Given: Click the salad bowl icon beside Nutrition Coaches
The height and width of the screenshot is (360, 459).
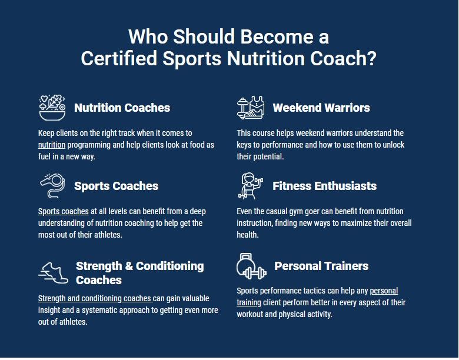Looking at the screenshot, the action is coord(52,108).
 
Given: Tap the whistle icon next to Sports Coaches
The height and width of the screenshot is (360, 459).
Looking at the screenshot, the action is coord(53,186).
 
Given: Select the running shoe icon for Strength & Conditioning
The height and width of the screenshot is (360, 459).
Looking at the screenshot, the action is coord(54,273).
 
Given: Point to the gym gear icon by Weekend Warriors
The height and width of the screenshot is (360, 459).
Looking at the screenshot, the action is coord(251,108).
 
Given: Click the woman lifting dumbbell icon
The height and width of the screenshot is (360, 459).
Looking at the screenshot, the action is coord(250,186).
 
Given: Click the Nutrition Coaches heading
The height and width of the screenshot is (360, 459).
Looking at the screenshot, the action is coord(122,108).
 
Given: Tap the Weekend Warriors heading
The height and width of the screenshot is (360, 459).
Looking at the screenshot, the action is coord(321,108).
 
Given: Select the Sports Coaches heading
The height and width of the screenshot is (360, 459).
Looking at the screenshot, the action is coord(116,186).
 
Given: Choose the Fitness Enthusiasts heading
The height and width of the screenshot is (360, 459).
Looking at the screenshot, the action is coord(324,186).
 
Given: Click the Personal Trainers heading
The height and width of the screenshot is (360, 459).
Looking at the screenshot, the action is coord(321,266).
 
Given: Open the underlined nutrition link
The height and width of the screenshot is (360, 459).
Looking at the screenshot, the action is coord(52,145).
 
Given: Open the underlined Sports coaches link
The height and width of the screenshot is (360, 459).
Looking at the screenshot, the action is coord(63,211).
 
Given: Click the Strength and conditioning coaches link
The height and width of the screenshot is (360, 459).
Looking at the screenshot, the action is coord(95,298).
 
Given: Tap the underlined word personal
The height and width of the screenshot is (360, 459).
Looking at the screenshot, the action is coord(384,291).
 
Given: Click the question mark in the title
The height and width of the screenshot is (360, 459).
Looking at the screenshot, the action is coord(371,58).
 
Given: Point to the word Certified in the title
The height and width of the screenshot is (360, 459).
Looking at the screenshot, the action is coord(119,58).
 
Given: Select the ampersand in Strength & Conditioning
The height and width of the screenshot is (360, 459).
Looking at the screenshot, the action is coord(129,266).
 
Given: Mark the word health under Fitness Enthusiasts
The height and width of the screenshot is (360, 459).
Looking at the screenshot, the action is coord(248,235).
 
